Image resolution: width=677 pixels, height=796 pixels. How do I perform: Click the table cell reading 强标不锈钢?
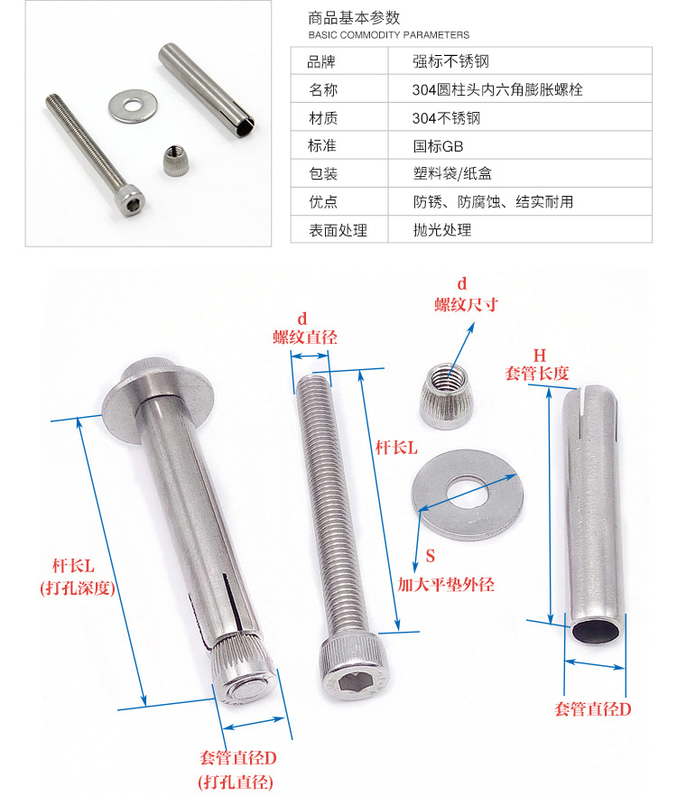point(450,61)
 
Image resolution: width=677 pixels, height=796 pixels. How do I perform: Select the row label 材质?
point(323,117)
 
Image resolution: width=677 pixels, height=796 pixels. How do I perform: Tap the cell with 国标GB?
point(438,146)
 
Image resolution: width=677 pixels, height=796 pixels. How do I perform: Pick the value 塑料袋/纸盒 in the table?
point(452,173)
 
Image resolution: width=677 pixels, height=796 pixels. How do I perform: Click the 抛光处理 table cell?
point(441,230)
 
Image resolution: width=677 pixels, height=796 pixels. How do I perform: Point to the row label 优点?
point(323,201)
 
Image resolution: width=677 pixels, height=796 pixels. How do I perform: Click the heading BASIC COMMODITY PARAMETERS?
point(388,35)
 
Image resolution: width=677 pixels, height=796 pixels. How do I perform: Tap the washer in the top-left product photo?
point(132,106)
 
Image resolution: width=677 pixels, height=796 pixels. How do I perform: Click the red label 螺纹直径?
point(305,338)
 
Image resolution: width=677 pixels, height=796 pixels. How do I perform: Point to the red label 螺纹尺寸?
point(466,305)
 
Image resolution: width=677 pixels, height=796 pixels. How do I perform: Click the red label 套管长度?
point(537,374)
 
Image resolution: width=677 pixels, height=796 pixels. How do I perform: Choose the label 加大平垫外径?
point(445,585)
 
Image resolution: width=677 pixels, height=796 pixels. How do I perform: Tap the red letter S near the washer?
point(431,556)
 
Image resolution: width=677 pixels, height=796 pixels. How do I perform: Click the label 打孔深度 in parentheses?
point(78,588)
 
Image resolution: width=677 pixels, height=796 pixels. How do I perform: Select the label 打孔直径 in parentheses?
point(236,782)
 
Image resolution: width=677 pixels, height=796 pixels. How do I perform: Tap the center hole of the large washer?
point(467,493)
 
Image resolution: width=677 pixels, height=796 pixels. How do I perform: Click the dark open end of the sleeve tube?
point(596,630)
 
